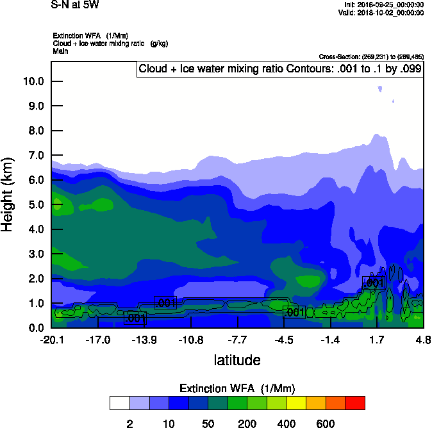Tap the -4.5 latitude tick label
click(284, 340)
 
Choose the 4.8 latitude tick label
click(422, 340)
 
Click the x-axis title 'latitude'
click(237, 360)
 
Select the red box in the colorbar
click(355, 403)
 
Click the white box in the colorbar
click(119, 403)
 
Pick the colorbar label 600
click(326, 424)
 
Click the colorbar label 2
click(129, 424)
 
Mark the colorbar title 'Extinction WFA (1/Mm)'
click(237, 388)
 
